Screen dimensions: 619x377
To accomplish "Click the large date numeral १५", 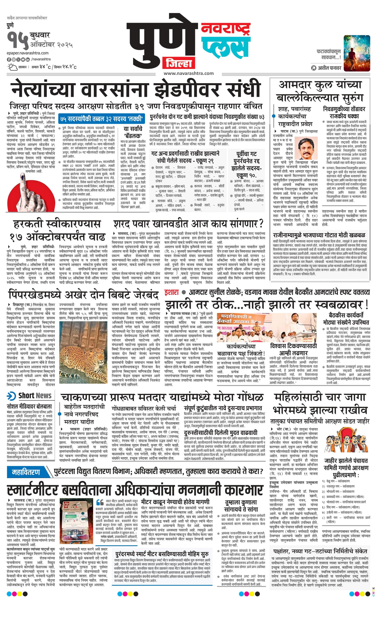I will coord(18,40).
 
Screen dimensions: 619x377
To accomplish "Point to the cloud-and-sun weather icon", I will coord(12,67).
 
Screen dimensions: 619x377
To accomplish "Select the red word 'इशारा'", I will coord(172,292).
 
